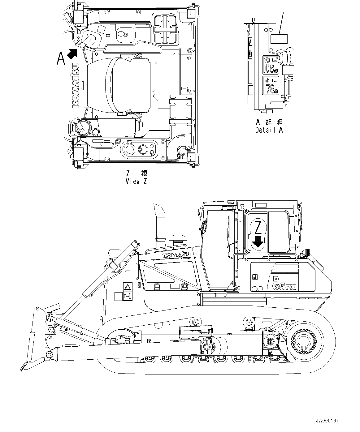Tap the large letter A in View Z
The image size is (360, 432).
pyautogui.click(x=61, y=58)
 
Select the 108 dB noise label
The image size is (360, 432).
pyautogui.click(x=270, y=65)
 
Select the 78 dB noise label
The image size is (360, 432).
pyautogui.click(x=270, y=86)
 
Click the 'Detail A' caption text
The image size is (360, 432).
pyautogui.click(x=269, y=130)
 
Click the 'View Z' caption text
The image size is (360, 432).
pyautogui.click(x=136, y=182)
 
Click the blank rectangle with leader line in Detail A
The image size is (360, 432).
pyautogui.click(x=279, y=39)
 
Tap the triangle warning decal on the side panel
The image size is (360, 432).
pyautogui.click(x=127, y=287)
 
